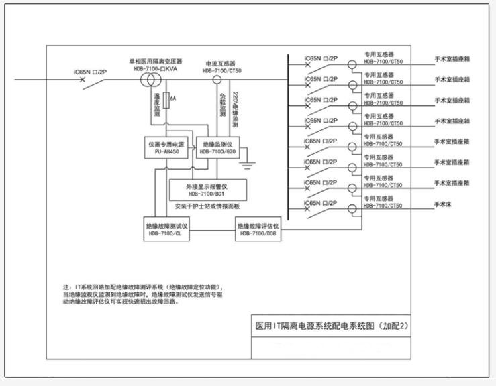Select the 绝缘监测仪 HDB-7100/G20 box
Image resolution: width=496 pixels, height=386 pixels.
tap(216, 148)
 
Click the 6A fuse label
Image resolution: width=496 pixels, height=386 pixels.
tap(173, 99)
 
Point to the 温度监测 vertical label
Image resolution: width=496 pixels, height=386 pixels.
tap(156, 105)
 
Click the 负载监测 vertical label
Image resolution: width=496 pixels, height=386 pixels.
tap(222, 105)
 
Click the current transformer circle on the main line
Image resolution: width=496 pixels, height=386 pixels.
tap(217, 80)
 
